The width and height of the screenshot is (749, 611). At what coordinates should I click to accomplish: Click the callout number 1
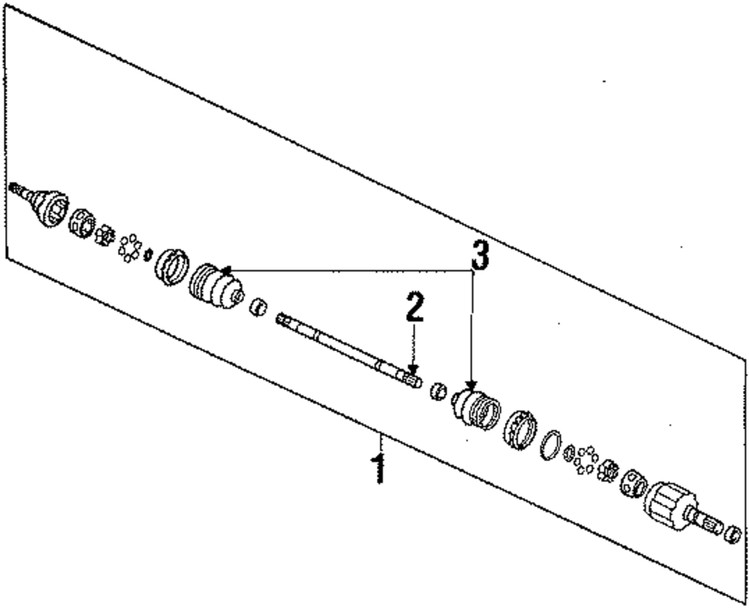(380, 468)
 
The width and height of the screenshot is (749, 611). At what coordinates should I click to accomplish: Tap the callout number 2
(414, 308)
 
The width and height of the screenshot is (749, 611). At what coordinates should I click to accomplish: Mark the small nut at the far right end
(734, 535)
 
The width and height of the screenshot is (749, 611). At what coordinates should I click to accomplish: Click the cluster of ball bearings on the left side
(130, 247)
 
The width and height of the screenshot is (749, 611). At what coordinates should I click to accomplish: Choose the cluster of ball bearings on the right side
(585, 460)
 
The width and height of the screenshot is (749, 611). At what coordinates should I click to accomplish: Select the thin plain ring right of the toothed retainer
(551, 444)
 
